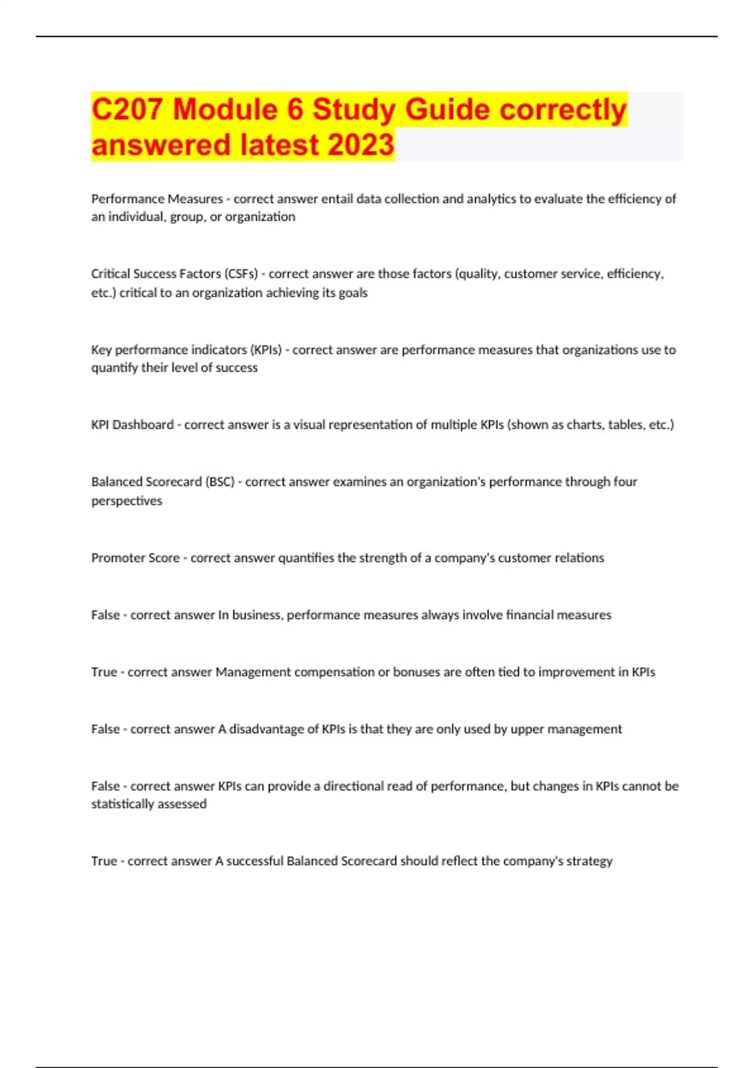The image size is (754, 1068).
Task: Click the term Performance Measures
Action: click(x=157, y=199)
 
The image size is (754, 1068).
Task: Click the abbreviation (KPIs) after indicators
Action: click(x=266, y=350)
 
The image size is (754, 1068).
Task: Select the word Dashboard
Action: click(x=143, y=425)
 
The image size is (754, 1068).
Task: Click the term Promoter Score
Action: click(x=135, y=558)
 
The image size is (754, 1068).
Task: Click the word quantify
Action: click(x=115, y=368)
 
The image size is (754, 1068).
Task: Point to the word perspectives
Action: click(x=126, y=501)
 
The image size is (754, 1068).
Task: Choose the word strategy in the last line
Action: click(x=589, y=861)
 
